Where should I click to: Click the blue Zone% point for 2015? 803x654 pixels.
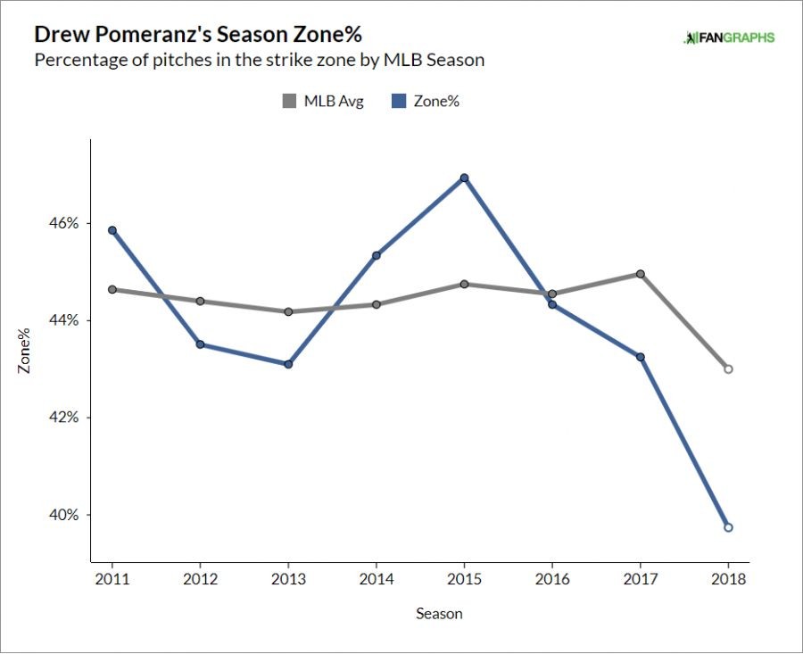[x=464, y=178]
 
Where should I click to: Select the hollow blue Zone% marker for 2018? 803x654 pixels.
[x=728, y=527]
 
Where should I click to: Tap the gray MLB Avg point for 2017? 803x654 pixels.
[x=641, y=274]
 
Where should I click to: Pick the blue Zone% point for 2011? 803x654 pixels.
[x=112, y=230]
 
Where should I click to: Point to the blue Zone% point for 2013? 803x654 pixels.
[x=288, y=364]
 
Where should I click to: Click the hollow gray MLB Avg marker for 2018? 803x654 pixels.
[x=728, y=368]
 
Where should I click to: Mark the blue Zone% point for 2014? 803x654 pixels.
[x=377, y=255]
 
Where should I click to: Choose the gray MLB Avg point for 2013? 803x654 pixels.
[x=288, y=311]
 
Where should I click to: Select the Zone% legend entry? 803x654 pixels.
[x=426, y=101]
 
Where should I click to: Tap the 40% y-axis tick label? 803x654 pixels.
[x=64, y=515]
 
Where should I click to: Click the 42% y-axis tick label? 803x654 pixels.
[x=64, y=418]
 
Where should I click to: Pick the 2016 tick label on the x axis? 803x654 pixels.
[x=552, y=578]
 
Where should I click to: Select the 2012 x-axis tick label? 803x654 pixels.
[x=200, y=578]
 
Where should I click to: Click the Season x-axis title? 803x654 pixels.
[x=439, y=614]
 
